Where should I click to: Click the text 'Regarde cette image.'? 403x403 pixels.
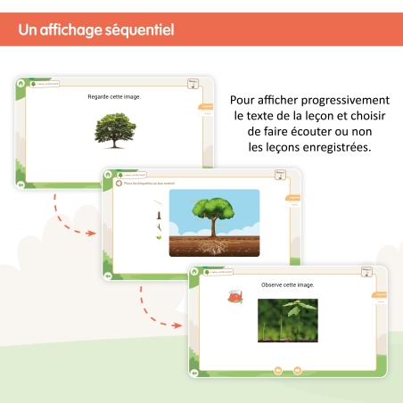114,96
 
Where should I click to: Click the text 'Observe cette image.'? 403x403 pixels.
287,285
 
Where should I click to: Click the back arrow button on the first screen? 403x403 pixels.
21,185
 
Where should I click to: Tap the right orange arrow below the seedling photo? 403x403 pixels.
297,370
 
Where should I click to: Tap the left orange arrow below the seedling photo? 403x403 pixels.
277,370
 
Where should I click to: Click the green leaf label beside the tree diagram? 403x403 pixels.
159,237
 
